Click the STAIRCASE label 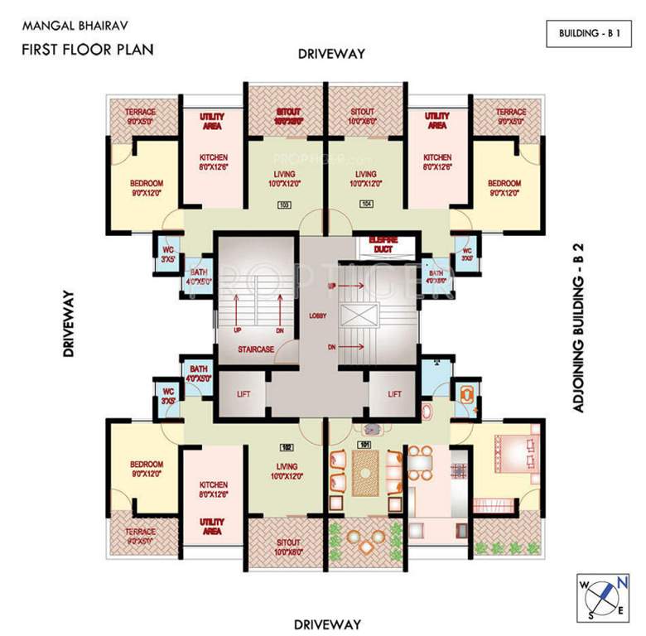256,349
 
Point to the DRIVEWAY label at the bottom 329,623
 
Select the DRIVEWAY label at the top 331,54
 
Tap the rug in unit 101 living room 363,473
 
